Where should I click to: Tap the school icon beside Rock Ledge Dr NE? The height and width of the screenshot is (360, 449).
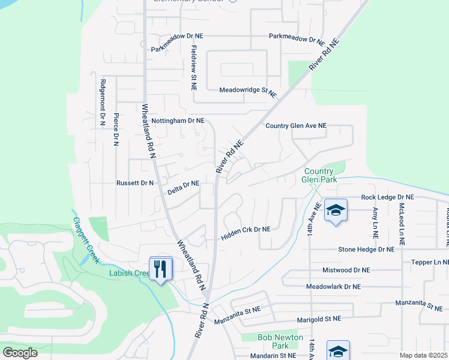(336, 211)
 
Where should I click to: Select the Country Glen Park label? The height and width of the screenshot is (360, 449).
(320, 175)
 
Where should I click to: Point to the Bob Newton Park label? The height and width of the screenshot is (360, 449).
(273, 341)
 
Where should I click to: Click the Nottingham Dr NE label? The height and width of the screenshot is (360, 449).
(178, 121)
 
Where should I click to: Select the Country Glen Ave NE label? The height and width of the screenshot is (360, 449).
(296, 126)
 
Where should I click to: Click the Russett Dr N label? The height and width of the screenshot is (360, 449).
(135, 182)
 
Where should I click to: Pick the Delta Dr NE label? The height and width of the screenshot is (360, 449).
(183, 188)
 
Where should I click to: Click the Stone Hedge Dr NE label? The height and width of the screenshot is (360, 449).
(366, 249)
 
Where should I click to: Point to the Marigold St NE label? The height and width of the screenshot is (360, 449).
(315, 319)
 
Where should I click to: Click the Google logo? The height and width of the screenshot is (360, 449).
(20, 353)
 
